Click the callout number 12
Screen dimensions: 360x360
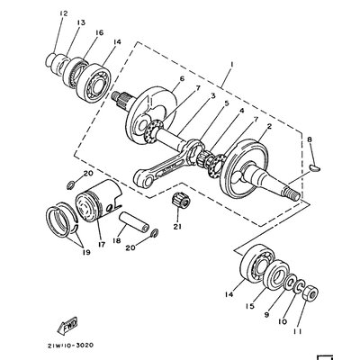point(61,13)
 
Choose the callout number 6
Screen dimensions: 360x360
point(180,80)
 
